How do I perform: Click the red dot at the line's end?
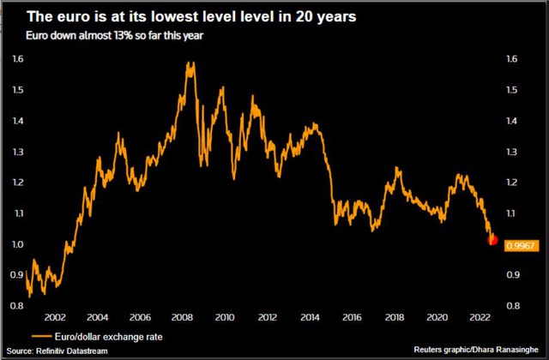point(492,240)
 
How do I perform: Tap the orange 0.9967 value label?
point(521,246)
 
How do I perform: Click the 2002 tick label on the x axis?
point(55,317)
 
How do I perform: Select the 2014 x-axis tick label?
point(310,317)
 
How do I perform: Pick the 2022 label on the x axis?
point(480,317)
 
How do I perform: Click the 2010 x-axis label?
point(225,317)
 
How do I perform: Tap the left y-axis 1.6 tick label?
point(18,59)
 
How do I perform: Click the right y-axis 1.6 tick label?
point(511,59)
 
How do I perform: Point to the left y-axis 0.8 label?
point(17,306)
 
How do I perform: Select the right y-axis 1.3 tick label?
point(511,152)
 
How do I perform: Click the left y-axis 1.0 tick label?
point(17,244)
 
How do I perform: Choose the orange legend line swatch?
point(41,337)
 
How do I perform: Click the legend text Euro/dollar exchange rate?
point(109,337)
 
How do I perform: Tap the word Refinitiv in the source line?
point(50,351)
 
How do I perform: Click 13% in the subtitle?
point(123,36)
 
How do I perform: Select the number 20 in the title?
point(304,16)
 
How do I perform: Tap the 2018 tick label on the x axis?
point(395,317)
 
